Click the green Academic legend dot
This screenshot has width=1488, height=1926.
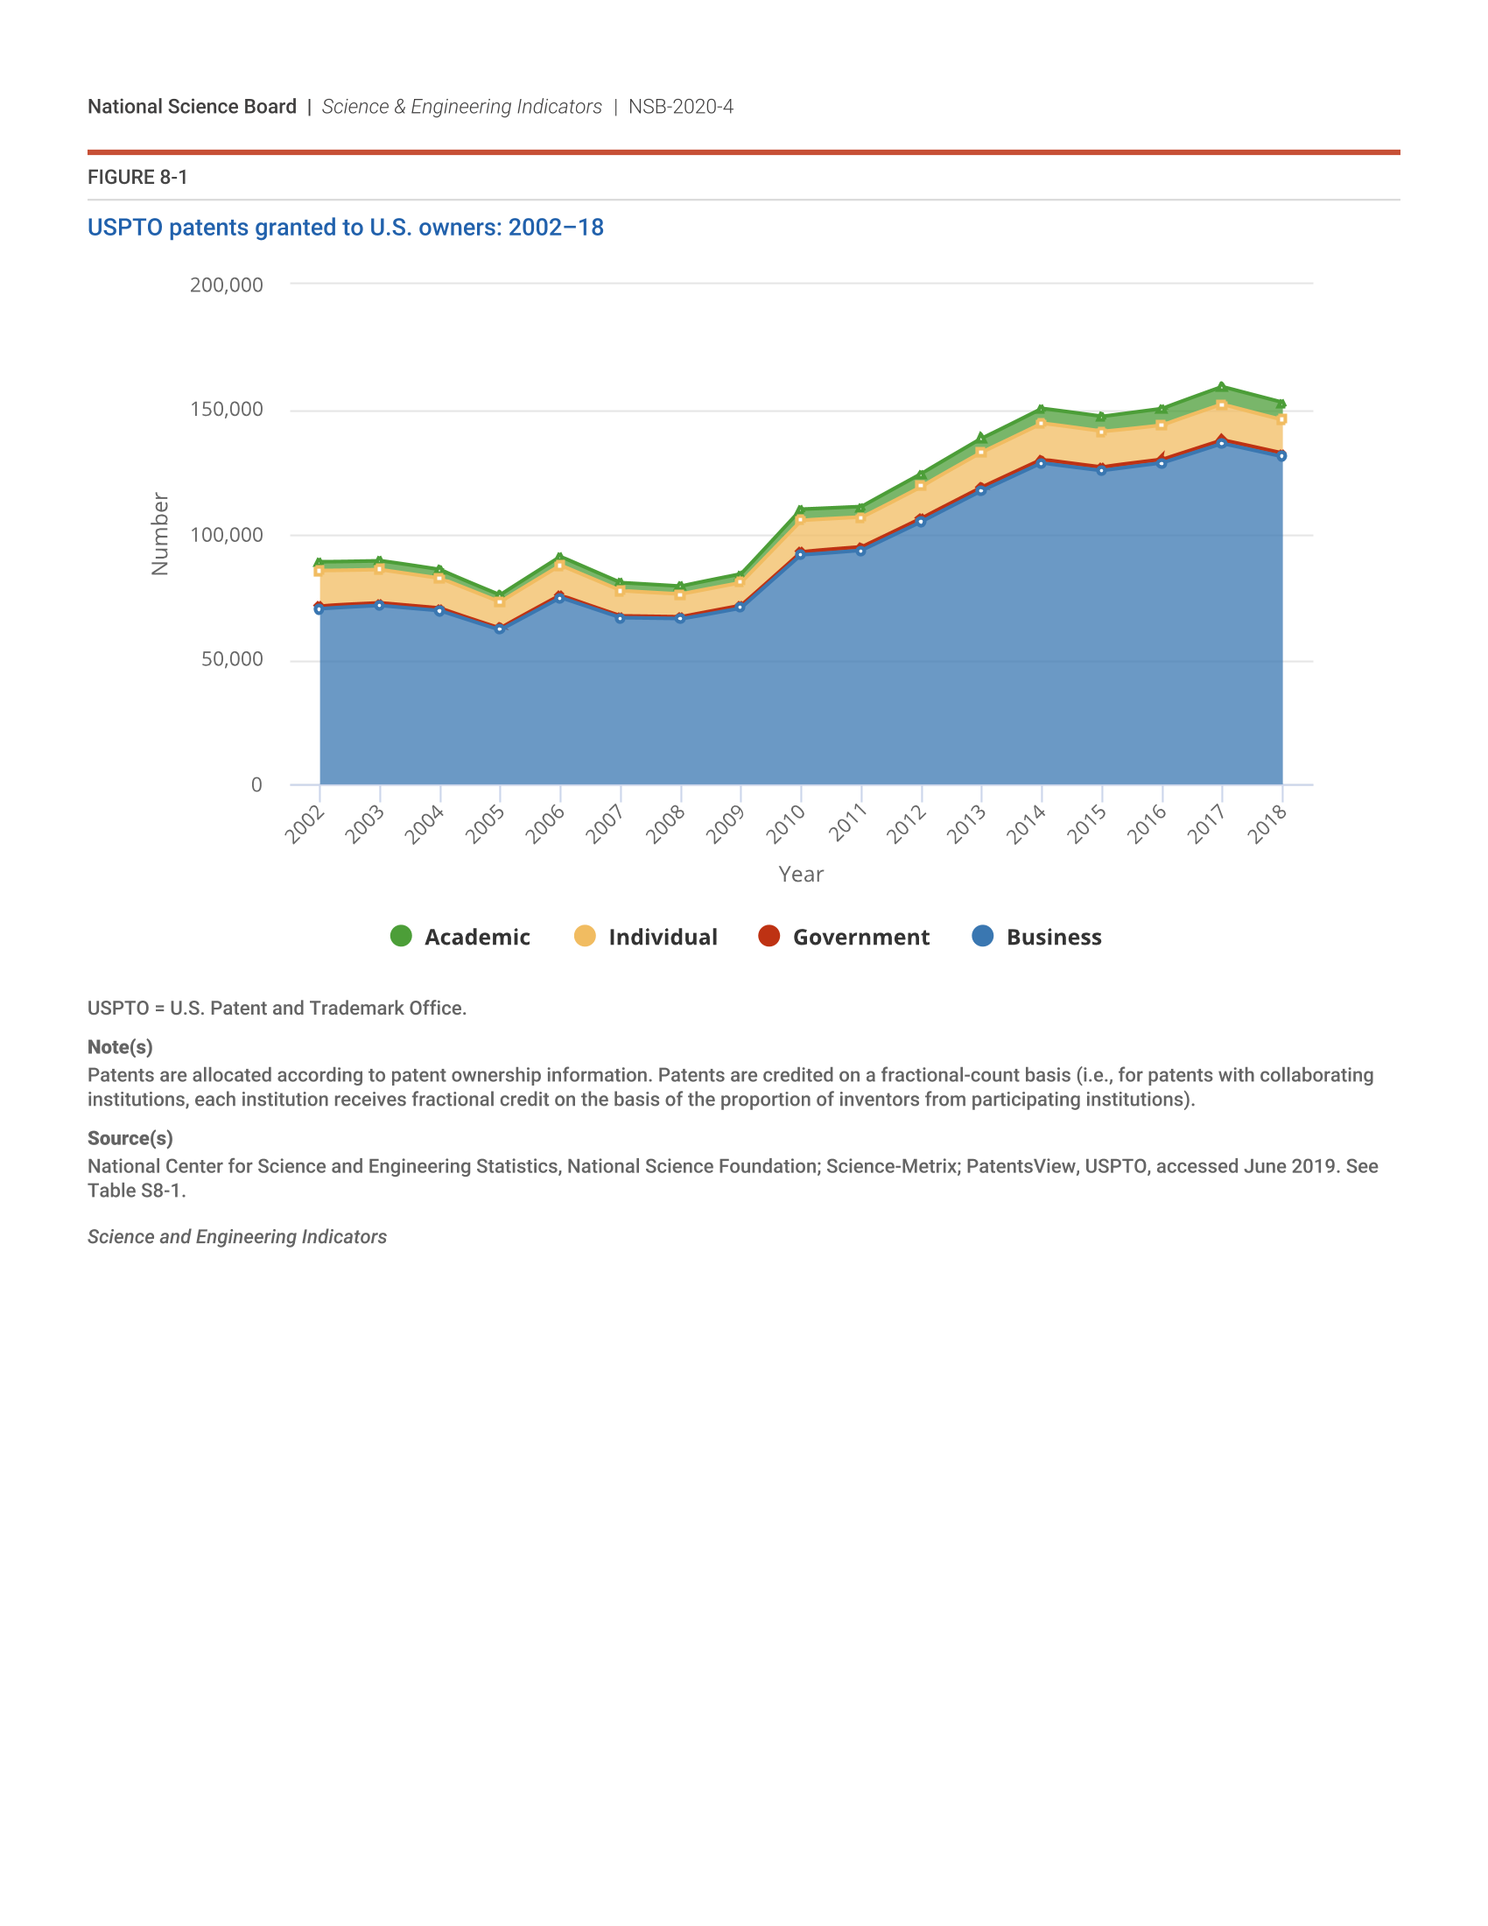tap(401, 936)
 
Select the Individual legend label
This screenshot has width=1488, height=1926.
tap(662, 937)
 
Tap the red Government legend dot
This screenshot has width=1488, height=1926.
tap(769, 936)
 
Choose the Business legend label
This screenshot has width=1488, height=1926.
tap(1053, 937)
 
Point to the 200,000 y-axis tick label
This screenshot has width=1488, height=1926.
tap(227, 285)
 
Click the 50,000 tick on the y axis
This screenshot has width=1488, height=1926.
tap(232, 658)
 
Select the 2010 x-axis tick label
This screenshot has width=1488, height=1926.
tap(785, 824)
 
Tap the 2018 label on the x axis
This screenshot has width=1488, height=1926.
tap(1267, 824)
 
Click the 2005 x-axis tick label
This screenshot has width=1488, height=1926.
tap(485, 824)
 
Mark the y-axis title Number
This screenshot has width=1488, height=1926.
tap(159, 533)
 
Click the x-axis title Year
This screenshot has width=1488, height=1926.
tap(800, 874)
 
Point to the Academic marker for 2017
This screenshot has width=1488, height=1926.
tap(1222, 386)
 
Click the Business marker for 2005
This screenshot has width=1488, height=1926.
tap(500, 629)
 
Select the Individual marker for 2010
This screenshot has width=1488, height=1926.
tap(800, 519)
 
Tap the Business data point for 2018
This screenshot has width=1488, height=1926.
tap(1281, 456)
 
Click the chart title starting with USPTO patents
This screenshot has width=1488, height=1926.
tap(346, 228)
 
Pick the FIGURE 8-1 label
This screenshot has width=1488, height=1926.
tap(137, 177)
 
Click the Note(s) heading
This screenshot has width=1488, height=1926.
tap(120, 1047)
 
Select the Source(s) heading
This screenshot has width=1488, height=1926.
tap(130, 1137)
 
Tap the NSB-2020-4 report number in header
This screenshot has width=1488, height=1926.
tap(680, 107)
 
